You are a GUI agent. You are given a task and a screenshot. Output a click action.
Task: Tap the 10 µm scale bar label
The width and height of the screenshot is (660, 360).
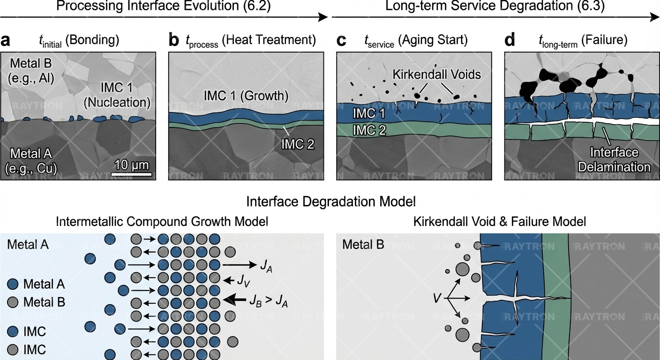[x=131, y=165]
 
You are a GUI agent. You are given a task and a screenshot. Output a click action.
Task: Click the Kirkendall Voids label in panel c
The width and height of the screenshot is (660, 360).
[x=437, y=74]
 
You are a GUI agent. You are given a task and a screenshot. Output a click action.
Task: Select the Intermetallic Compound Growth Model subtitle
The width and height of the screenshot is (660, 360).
[x=162, y=221]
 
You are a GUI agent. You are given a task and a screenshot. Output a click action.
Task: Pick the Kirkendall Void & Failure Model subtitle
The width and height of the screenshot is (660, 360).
[x=500, y=221]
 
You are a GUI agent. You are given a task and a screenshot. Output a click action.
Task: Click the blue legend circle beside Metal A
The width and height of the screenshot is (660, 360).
[x=14, y=284]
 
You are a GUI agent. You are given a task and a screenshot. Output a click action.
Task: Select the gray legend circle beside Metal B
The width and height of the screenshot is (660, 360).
[x=14, y=302]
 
